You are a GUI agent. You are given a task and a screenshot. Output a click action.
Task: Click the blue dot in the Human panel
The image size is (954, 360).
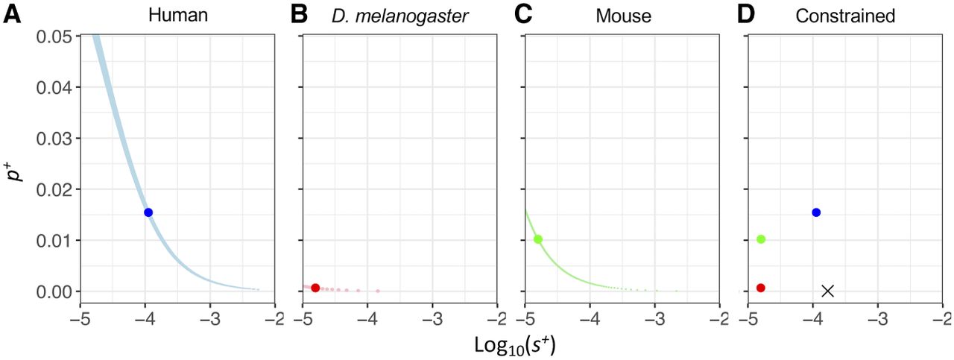(x=148, y=212)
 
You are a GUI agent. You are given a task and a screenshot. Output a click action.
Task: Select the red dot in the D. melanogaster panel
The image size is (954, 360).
(x=315, y=288)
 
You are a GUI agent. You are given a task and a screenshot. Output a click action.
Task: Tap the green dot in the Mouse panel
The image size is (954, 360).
(x=538, y=239)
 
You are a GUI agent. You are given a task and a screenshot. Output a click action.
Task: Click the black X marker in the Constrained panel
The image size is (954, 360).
(x=827, y=291)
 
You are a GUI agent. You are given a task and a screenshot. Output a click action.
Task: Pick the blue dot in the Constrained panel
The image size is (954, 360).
(x=816, y=212)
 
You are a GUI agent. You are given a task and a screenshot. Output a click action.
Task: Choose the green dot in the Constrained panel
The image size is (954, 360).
(x=761, y=239)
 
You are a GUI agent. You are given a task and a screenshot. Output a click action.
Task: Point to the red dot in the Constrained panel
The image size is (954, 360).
(x=761, y=288)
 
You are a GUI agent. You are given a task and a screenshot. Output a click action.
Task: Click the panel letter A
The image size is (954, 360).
(x=12, y=14)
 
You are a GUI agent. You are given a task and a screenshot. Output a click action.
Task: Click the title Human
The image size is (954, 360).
(x=177, y=15)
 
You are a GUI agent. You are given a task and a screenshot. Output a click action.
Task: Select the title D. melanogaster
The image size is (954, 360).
(x=400, y=15)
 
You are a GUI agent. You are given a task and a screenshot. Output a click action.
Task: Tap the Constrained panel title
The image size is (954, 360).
(x=844, y=15)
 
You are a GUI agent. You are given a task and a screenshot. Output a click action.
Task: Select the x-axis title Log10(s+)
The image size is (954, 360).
(x=514, y=345)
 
